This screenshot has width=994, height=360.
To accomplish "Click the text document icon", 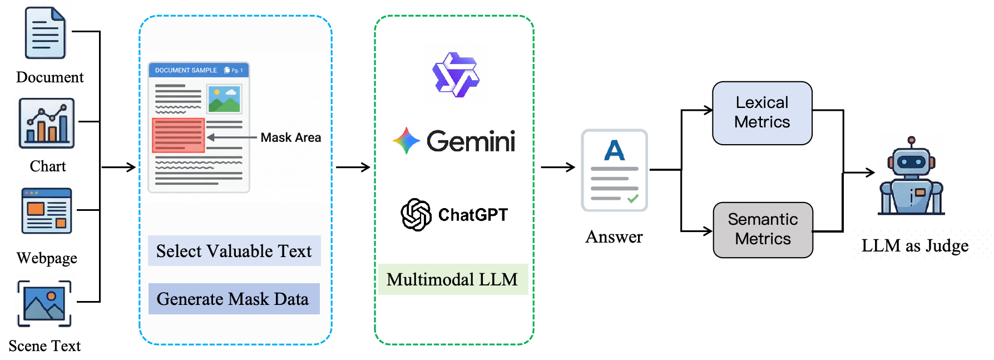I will pos(46,32).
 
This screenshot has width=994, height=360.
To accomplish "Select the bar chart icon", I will pos(46,122).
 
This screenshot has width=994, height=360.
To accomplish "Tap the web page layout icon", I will pos(46,209).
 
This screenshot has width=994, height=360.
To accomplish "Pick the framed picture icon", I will pos(45,302).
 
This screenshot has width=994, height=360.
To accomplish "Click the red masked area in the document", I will pos(179,135).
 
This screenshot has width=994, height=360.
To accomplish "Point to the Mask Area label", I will pos(290,137).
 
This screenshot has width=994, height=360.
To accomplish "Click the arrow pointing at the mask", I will pos(231,137).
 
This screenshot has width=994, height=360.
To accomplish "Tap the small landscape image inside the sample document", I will pos(224,99).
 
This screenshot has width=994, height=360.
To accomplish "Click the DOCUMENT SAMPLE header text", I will pos(186,71).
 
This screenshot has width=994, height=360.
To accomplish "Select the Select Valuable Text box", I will pos(234,251).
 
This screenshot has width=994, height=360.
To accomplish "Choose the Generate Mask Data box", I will pos(234,299).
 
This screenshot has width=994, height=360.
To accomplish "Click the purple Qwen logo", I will pos(456,75).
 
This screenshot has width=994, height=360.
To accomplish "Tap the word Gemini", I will pos(471,141).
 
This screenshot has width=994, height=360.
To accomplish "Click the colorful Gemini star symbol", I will pos(406,141).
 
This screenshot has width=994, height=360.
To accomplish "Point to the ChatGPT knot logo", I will pos(416,215).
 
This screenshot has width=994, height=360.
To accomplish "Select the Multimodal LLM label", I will pos(453,279).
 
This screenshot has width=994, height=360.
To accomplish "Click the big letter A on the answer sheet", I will pos(615,150).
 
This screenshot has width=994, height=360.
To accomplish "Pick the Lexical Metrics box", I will pos(762,113).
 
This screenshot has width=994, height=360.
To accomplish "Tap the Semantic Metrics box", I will pos(763,229).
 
